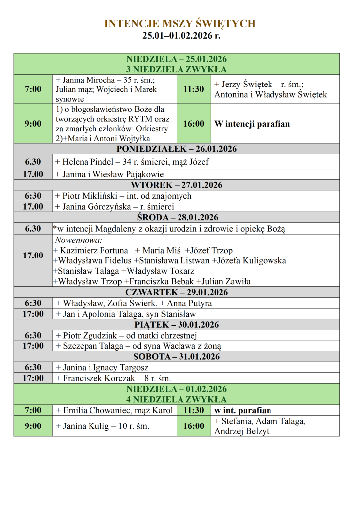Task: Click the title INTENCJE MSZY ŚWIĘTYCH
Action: tap(180, 24)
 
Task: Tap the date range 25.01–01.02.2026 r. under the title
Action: tap(180, 36)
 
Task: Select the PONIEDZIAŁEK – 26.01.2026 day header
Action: tap(177, 149)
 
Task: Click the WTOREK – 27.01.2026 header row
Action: tap(177, 185)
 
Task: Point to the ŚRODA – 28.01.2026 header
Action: tap(177, 218)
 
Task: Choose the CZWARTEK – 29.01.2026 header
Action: tap(177, 292)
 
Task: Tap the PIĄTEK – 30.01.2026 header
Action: tap(177, 325)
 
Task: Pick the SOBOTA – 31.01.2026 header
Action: tap(177, 357)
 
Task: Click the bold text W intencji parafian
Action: tap(252, 124)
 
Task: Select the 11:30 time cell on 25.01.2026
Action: tap(193, 89)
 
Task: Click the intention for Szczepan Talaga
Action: tap(141, 346)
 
